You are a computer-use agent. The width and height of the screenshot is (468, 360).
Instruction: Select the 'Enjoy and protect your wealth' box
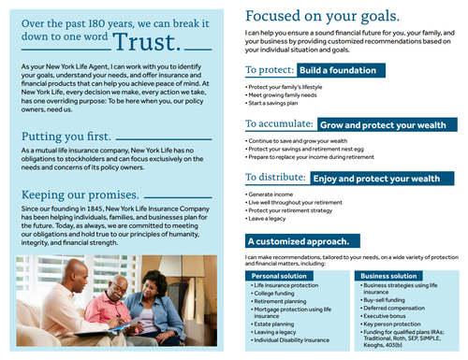(x=377, y=179)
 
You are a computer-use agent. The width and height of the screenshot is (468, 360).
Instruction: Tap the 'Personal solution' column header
(x=280, y=276)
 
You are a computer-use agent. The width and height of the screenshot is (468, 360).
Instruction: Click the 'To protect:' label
(x=271, y=71)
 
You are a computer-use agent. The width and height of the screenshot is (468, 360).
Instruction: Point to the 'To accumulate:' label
(x=279, y=124)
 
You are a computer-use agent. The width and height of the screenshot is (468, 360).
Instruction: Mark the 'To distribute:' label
(x=275, y=179)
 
